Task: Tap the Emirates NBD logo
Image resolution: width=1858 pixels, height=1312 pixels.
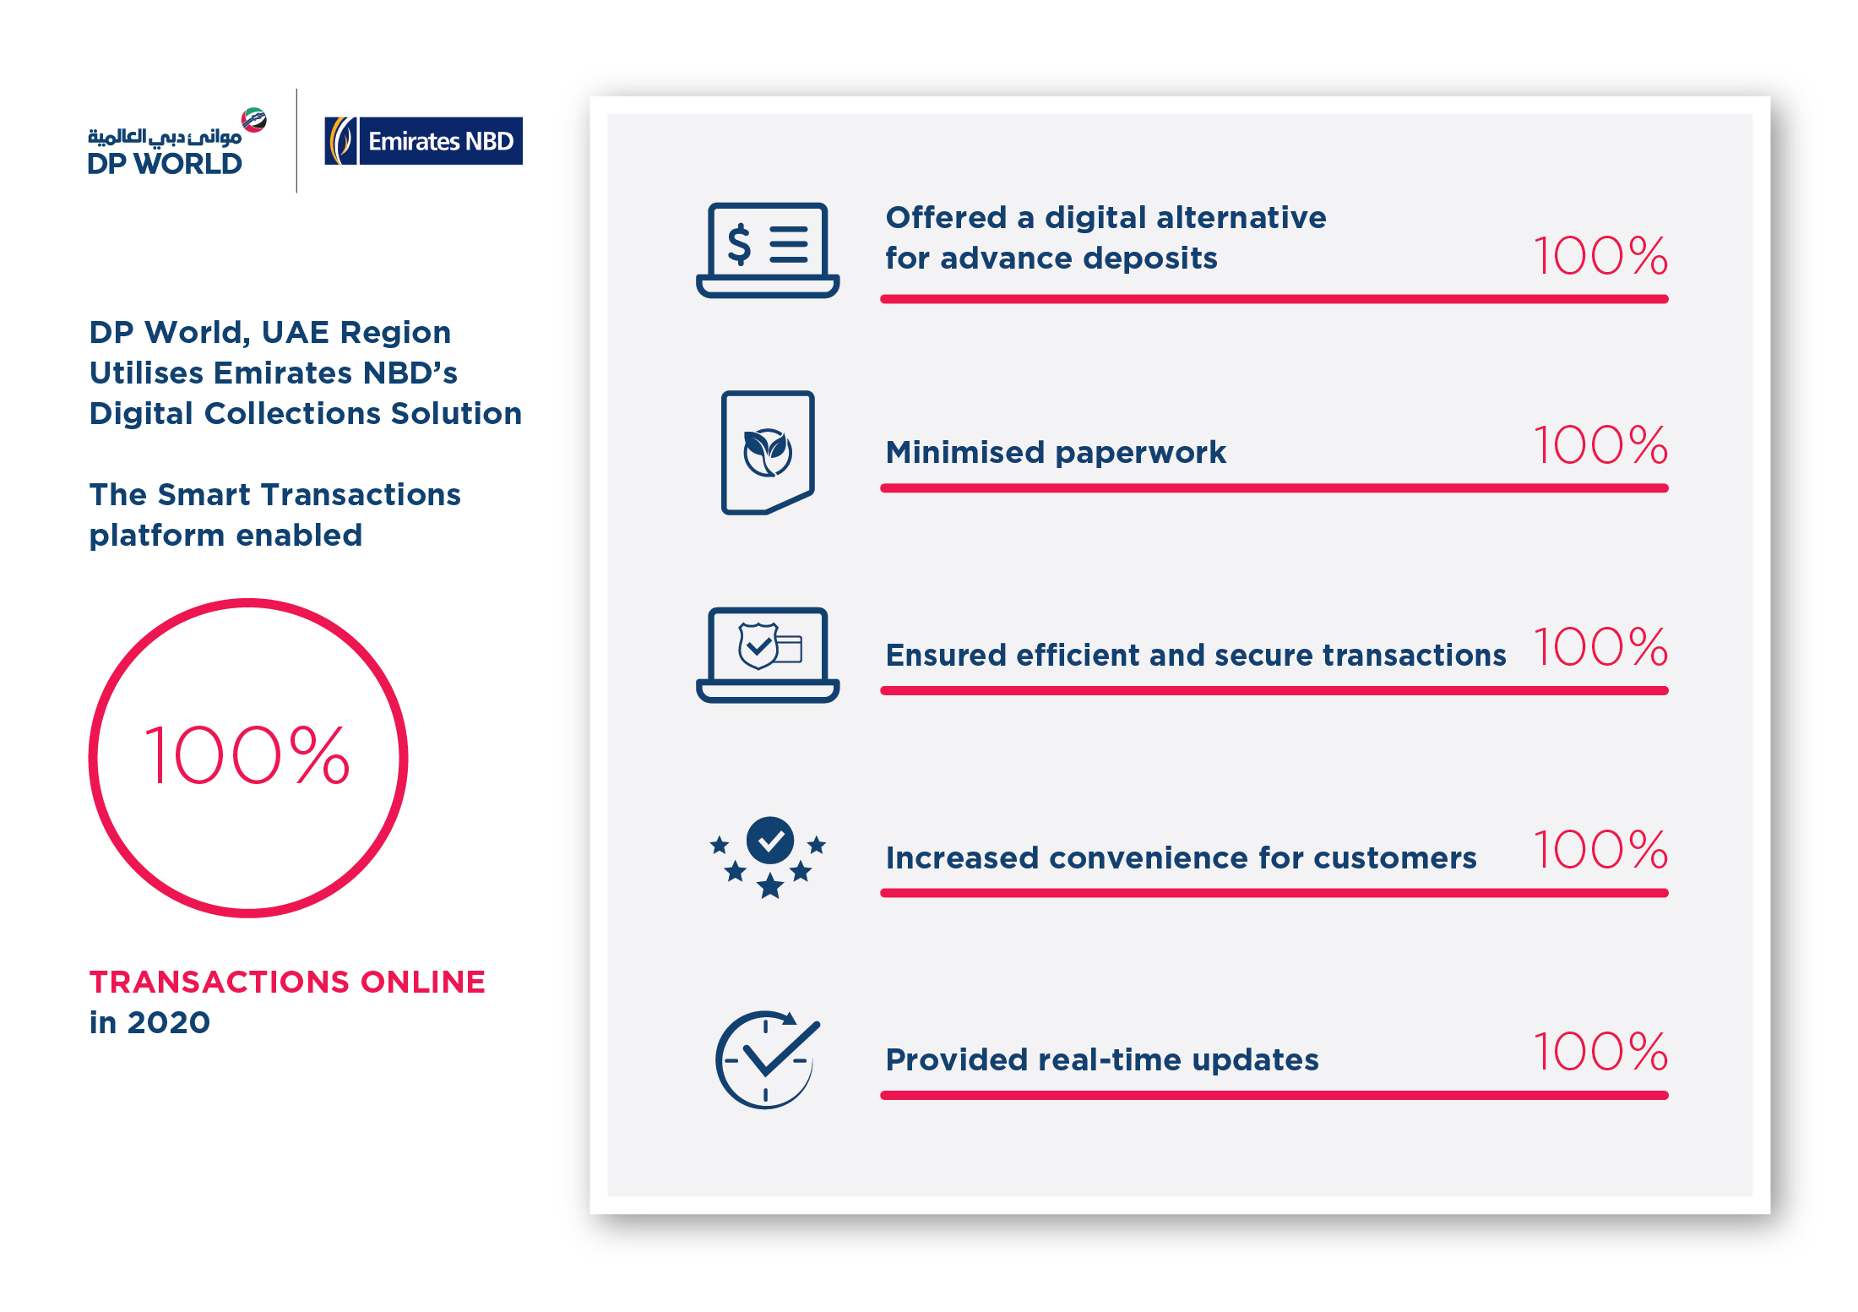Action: [x=423, y=141]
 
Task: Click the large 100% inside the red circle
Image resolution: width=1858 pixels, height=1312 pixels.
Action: [x=247, y=755]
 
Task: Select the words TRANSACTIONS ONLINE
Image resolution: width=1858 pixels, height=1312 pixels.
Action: [x=287, y=982]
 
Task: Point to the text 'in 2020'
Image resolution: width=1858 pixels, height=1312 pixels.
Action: [x=149, y=1022]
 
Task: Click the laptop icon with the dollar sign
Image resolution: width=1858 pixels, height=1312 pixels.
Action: [x=767, y=249]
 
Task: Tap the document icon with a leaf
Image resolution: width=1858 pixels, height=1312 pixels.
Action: [x=767, y=452]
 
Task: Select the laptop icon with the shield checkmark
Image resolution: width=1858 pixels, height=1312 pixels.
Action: [x=767, y=654]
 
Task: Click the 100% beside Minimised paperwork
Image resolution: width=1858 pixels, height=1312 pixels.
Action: [x=1600, y=445]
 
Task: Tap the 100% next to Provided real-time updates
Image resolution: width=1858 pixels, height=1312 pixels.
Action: [x=1600, y=1052]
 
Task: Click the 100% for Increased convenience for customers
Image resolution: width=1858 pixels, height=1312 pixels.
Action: [x=1600, y=850]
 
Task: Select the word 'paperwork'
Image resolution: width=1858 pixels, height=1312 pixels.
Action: [x=1140, y=453]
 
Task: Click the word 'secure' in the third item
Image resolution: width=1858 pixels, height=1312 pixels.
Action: [x=1268, y=656]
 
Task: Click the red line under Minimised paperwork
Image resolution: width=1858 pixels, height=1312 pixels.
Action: [x=1274, y=488]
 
